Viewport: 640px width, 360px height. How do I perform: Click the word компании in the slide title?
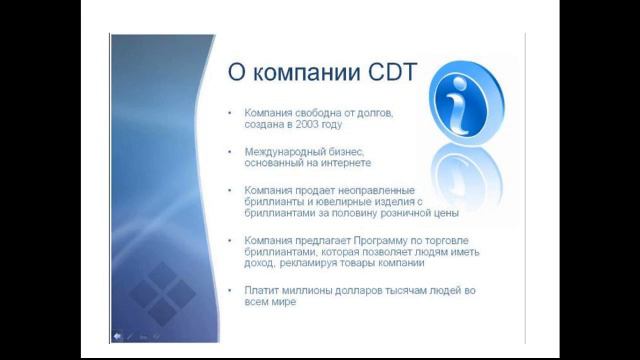coord(291,73)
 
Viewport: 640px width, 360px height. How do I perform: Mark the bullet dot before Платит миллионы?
coord(231,289)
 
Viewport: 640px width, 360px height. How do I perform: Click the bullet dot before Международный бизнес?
coord(231,151)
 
